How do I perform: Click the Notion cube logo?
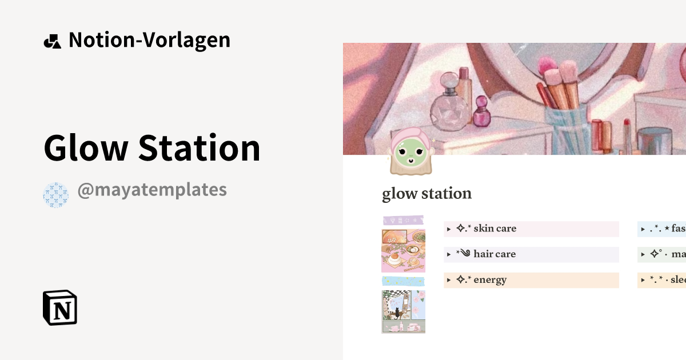click(59, 307)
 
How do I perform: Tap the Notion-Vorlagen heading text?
click(149, 40)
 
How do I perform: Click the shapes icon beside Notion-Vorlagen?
click(52, 41)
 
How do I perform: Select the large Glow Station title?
click(152, 147)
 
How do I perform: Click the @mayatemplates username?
click(152, 190)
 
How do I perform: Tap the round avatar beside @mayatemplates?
click(55, 195)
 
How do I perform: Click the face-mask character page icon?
click(410, 152)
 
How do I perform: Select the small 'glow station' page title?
click(426, 194)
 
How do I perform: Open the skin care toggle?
click(494, 229)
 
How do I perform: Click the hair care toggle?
click(494, 254)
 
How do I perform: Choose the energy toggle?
click(489, 280)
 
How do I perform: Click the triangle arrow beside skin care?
click(449, 229)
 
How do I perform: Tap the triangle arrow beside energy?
click(449, 281)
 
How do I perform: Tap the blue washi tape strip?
click(403, 281)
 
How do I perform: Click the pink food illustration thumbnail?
click(403, 250)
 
